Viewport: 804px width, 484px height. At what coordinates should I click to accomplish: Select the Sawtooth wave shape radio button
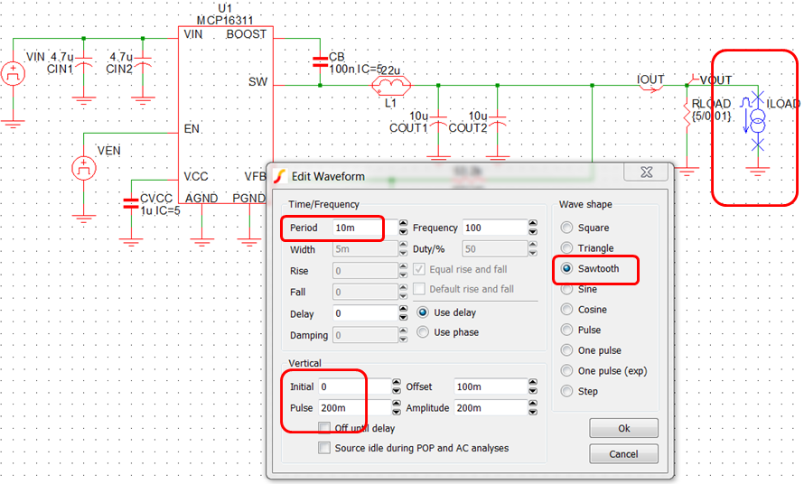pyautogui.click(x=567, y=269)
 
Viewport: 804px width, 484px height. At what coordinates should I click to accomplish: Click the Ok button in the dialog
pyautogui.click(x=623, y=428)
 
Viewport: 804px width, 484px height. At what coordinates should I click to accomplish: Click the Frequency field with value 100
pyautogui.click(x=493, y=228)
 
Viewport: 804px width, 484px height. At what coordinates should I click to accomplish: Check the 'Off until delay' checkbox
pyautogui.click(x=324, y=428)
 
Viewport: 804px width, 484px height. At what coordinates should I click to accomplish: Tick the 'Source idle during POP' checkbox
pyautogui.click(x=324, y=448)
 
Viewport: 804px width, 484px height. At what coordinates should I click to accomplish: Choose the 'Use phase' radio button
pyautogui.click(x=423, y=332)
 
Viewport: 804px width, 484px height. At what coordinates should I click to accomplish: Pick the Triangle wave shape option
pyautogui.click(x=567, y=248)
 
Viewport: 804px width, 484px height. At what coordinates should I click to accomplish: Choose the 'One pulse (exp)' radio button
pyautogui.click(x=567, y=371)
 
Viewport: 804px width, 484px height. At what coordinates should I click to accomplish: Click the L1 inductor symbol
pyautogui.click(x=391, y=87)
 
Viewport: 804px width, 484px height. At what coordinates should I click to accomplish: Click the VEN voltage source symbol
pyautogui.click(x=83, y=167)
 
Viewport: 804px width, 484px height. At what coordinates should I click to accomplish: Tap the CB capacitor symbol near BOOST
pyautogui.click(x=319, y=62)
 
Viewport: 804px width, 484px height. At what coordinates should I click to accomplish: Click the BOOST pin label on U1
pyautogui.click(x=247, y=34)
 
